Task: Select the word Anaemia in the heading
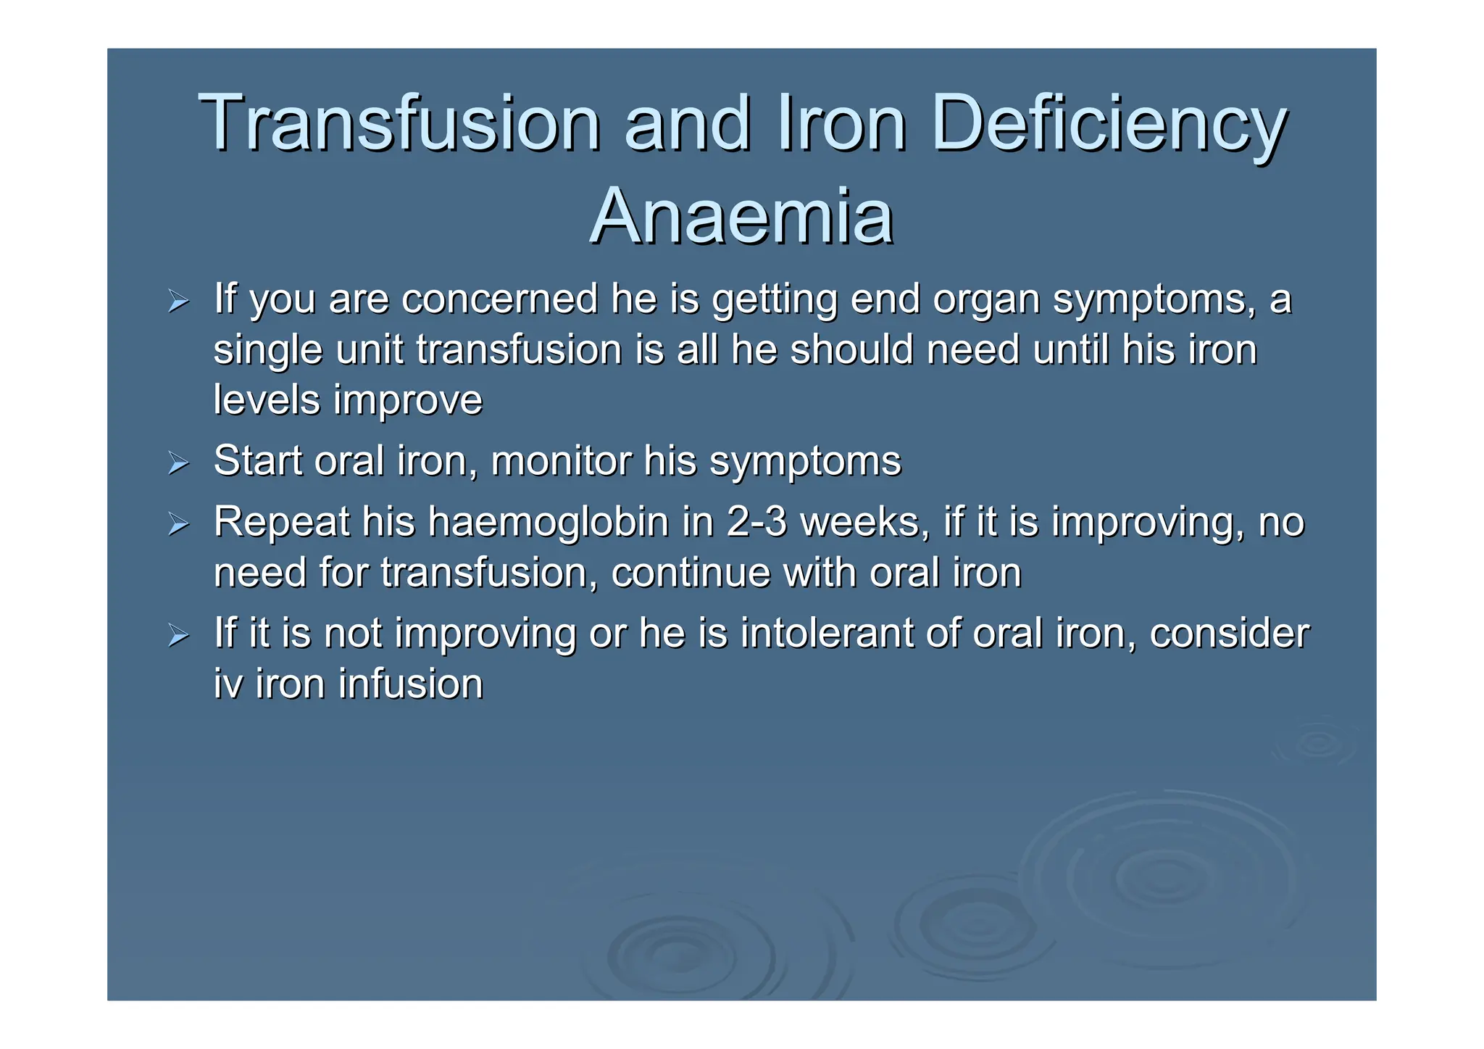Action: tap(741, 216)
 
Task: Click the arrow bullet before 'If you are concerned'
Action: tap(178, 300)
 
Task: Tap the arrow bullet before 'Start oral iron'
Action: tap(178, 462)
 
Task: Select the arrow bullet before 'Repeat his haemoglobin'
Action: tap(178, 523)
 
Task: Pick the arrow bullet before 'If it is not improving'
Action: tap(178, 634)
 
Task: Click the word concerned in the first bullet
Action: tap(499, 299)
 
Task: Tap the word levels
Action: tap(266, 399)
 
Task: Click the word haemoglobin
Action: tap(549, 522)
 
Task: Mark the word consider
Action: tap(1229, 633)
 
